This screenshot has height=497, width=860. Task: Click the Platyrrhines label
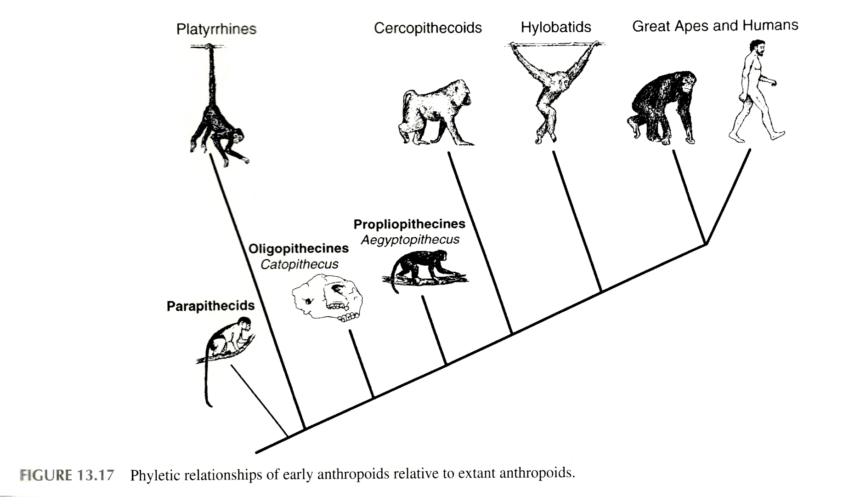click(216, 29)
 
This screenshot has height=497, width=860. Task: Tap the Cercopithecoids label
click(428, 28)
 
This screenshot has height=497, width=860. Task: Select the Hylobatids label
click(556, 27)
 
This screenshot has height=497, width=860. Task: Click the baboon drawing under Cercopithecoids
click(434, 113)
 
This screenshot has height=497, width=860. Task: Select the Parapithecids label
click(210, 306)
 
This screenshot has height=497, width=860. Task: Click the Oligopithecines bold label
click(299, 249)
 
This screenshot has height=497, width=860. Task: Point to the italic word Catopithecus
click(299, 264)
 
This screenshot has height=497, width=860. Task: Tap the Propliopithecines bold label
click(409, 224)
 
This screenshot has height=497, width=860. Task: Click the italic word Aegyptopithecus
click(410, 240)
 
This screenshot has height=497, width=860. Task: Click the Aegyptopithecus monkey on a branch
click(425, 269)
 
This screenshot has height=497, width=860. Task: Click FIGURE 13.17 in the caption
click(67, 474)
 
